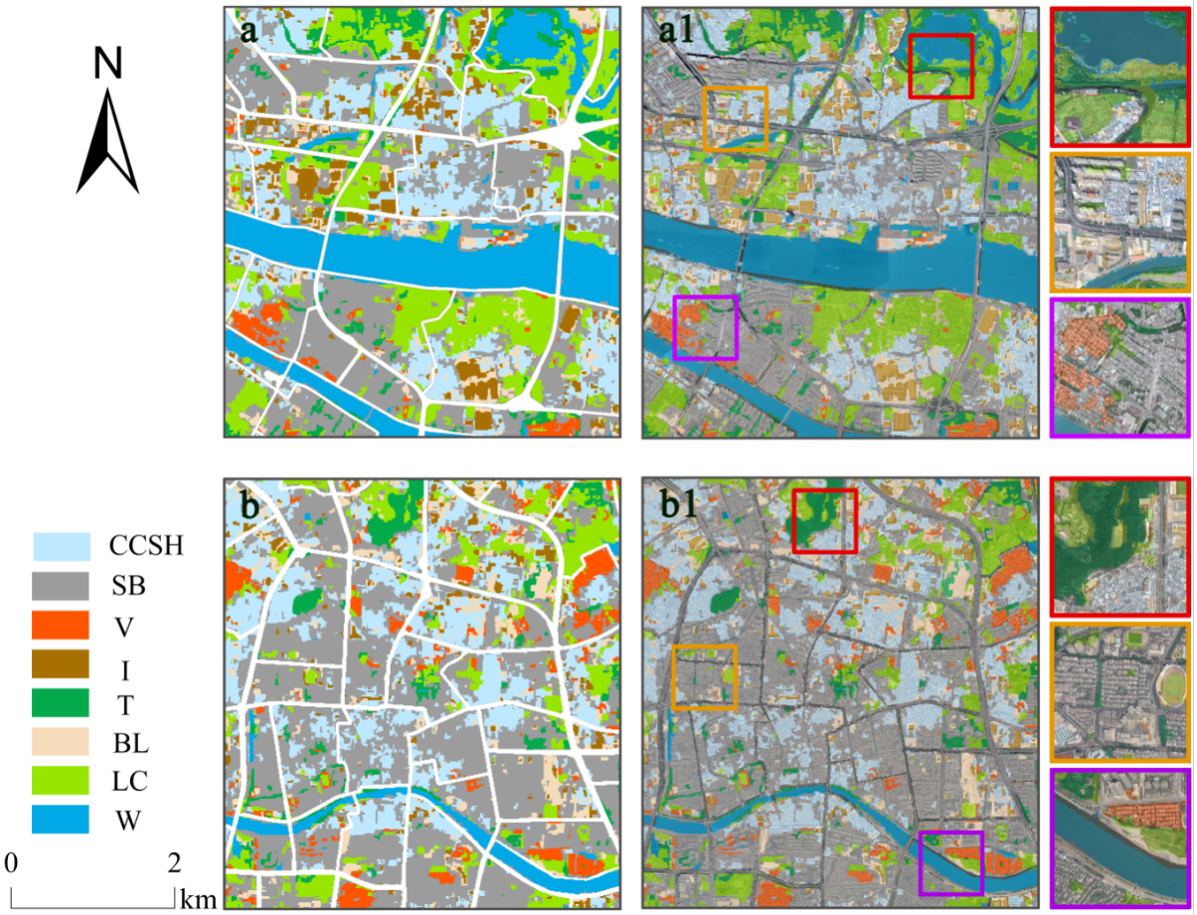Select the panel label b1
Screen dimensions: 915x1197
[680, 504]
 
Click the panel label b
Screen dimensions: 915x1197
[250, 504]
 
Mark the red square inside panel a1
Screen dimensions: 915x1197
[940, 66]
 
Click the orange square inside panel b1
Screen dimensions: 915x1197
[704, 676]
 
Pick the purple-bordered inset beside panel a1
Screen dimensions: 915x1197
[1119, 367]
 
